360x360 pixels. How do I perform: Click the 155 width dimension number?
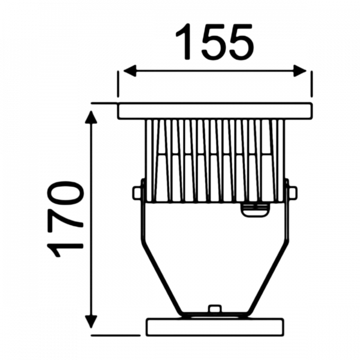(x=215, y=42)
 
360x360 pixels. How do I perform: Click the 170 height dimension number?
(x=65, y=219)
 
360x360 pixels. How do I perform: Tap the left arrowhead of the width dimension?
(x=130, y=70)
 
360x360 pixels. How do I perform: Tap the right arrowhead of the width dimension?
(x=300, y=70)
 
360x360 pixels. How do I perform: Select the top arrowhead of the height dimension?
(x=92, y=117)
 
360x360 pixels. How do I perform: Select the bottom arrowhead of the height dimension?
(x=92, y=321)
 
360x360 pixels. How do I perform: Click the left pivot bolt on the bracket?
(x=137, y=192)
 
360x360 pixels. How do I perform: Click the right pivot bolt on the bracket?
(x=293, y=192)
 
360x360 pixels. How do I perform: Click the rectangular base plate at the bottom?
(x=215, y=327)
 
